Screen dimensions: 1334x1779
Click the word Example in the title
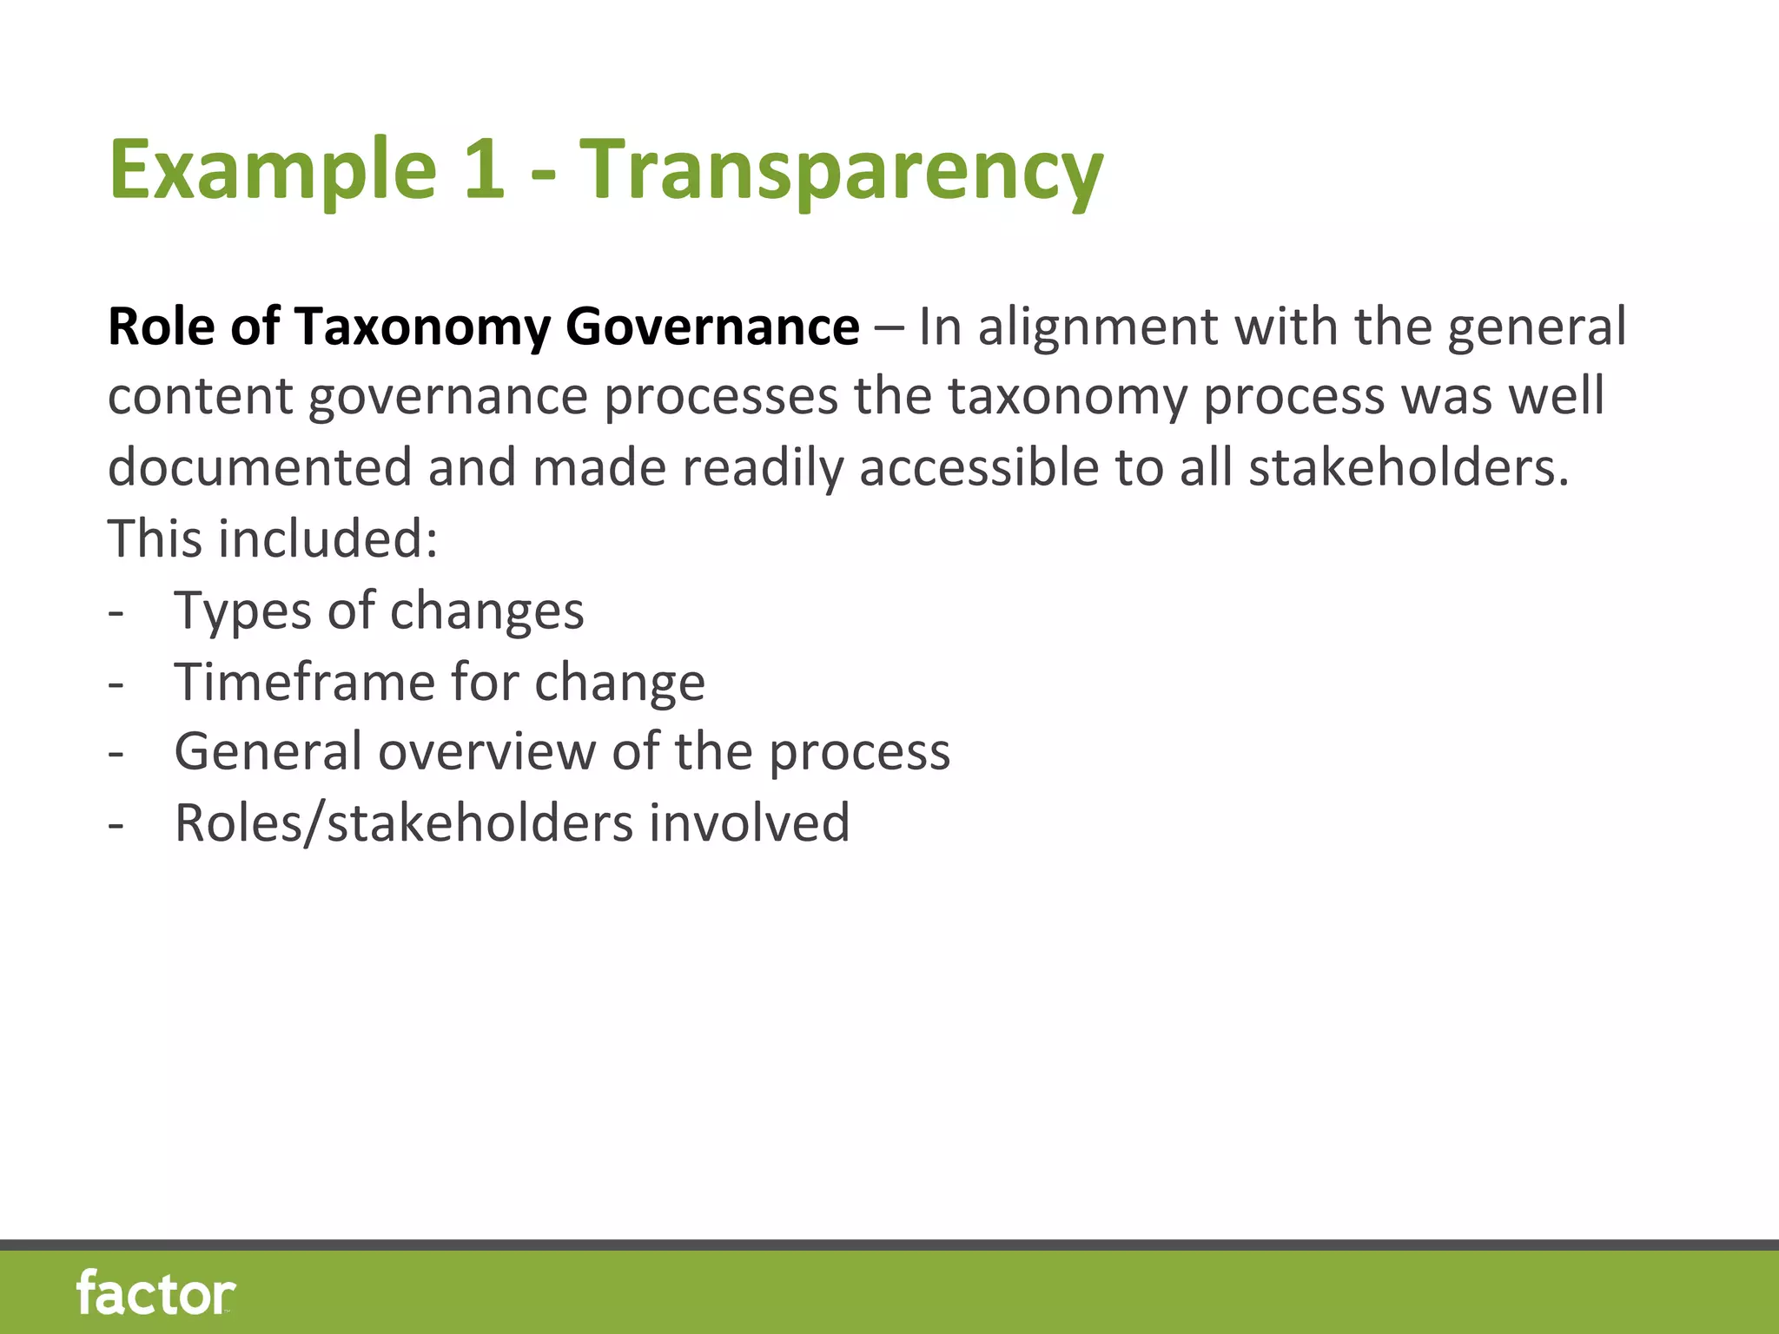pos(272,169)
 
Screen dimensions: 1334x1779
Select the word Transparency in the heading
pos(840,169)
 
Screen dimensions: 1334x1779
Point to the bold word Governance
pos(712,327)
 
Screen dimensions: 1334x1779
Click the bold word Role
pos(161,327)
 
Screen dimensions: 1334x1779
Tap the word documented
pos(260,467)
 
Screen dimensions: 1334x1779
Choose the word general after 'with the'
pos(1537,327)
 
